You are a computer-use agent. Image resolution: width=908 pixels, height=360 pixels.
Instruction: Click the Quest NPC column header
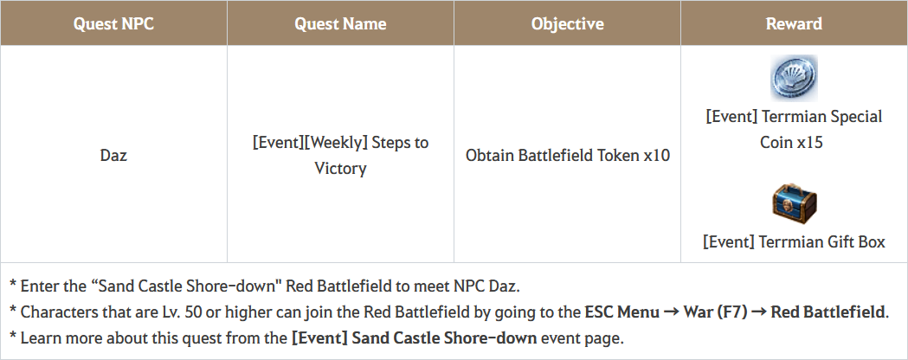pyautogui.click(x=113, y=23)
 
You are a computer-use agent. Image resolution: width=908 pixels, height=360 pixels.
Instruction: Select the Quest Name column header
pyautogui.click(x=340, y=23)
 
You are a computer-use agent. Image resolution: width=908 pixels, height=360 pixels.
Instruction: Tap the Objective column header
pyautogui.click(x=567, y=23)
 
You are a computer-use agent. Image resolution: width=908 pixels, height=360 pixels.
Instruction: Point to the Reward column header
pyautogui.click(x=794, y=23)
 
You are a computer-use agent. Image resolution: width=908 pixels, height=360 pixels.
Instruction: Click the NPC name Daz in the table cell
pyautogui.click(x=113, y=156)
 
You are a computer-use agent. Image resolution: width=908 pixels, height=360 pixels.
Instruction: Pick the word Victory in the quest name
pyautogui.click(x=340, y=169)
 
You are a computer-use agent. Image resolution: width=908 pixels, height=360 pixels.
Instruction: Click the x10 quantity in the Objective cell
pyautogui.click(x=657, y=156)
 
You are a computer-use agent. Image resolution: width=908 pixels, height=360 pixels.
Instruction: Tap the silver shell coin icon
pyautogui.click(x=794, y=78)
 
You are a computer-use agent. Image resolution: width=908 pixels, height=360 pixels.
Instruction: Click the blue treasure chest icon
pyautogui.click(x=794, y=203)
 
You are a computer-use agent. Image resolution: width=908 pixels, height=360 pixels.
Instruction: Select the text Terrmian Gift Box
pyautogui.click(x=821, y=241)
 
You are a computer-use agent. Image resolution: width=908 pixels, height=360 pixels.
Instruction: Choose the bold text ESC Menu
pyautogui.click(x=622, y=312)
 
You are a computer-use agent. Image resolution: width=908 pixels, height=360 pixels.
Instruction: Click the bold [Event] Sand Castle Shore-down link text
pyautogui.click(x=414, y=338)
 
